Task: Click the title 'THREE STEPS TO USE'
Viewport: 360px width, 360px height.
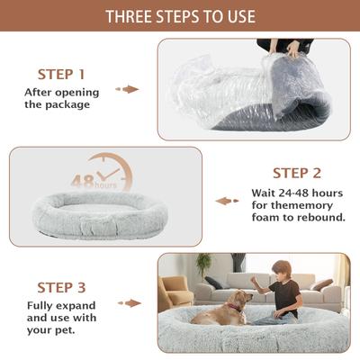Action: (180, 17)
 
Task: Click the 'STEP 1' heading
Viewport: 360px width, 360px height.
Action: (61, 74)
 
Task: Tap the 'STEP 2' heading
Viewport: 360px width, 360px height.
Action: (296, 173)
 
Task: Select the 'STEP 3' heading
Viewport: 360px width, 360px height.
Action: (61, 288)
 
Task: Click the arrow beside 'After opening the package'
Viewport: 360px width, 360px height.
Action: (130, 89)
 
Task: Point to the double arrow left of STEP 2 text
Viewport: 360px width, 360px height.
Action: (227, 201)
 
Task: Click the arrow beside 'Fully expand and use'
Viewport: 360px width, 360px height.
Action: (130, 303)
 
